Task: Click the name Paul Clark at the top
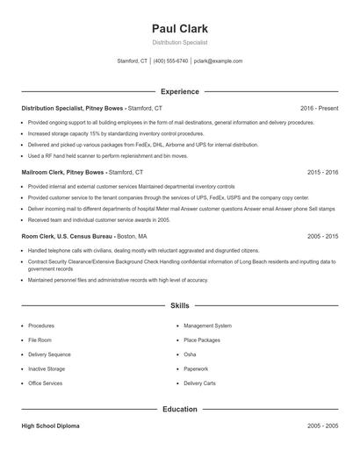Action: click(x=179, y=28)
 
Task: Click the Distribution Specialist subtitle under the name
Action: click(x=179, y=42)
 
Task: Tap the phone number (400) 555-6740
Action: click(x=170, y=61)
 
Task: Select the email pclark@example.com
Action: click(x=219, y=61)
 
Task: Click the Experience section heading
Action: click(x=179, y=91)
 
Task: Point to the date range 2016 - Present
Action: click(x=319, y=108)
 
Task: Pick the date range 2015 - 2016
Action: click(x=322, y=173)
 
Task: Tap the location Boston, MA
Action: click(x=132, y=237)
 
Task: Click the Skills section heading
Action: click(x=179, y=305)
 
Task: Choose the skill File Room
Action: click(x=40, y=340)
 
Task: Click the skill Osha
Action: click(x=190, y=354)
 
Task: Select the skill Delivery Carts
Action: click(x=199, y=383)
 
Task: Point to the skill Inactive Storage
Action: click(x=47, y=369)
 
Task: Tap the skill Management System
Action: click(x=207, y=325)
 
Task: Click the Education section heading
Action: click(x=179, y=409)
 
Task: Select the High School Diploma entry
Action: click(x=50, y=426)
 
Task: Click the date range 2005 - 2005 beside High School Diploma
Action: click(x=322, y=426)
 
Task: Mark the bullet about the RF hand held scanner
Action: click(x=108, y=155)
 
